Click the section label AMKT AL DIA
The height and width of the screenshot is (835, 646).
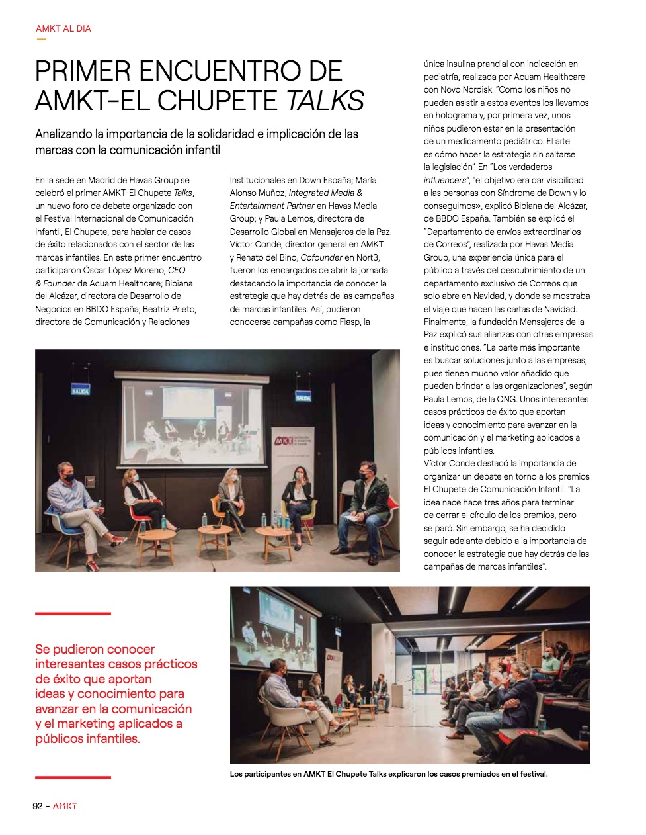point(63,28)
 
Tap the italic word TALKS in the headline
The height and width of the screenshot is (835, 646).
point(325,101)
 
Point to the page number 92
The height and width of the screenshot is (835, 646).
point(38,806)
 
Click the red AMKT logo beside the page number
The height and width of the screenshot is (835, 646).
point(65,806)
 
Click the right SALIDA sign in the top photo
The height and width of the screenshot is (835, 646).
point(303,397)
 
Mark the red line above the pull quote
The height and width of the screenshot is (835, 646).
point(73,614)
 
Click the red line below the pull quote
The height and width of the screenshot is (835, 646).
point(73,777)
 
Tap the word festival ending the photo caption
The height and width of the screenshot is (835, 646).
point(533,774)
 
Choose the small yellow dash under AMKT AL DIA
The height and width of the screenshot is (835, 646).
point(42,39)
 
